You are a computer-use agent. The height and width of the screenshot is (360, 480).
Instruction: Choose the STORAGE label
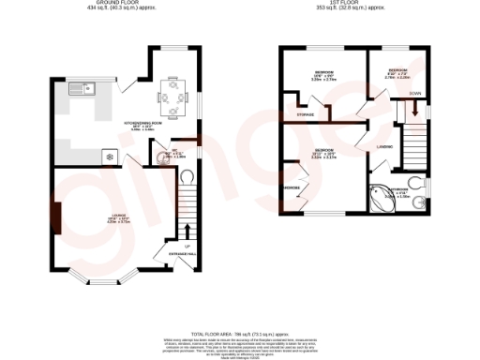(x=305, y=114)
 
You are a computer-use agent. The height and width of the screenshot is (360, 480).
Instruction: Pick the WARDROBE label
(x=292, y=188)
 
